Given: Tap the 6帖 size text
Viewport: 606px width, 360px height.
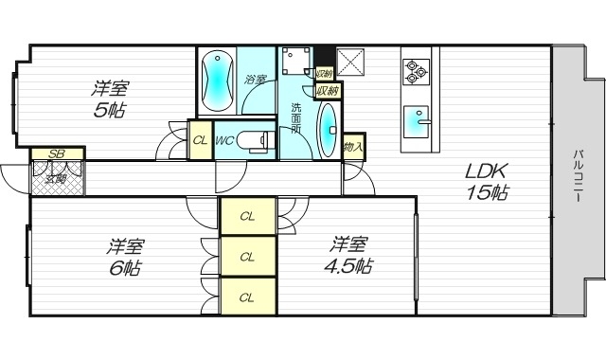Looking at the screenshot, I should [x=124, y=268].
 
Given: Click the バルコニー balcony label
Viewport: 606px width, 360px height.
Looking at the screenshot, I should [x=577, y=180].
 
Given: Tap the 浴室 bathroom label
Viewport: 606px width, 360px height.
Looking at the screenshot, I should [x=255, y=80].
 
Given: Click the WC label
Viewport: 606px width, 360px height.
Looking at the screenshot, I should [x=224, y=141].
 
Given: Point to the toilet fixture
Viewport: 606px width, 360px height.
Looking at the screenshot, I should [x=254, y=140].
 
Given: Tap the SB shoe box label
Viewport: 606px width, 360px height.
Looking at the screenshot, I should [x=57, y=153].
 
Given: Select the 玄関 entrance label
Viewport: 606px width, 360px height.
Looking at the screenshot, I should [x=56, y=177].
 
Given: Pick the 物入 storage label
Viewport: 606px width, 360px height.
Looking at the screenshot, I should [x=353, y=146].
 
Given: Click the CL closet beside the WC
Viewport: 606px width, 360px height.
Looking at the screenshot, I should [x=200, y=141].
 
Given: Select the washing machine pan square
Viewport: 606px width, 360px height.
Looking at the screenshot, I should [x=296, y=60].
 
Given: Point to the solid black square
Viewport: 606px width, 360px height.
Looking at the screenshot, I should [x=323, y=54].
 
